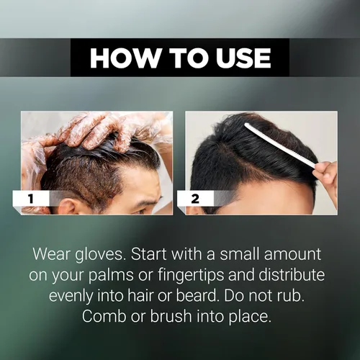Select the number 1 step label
tap(31, 199)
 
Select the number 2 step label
tap(195, 199)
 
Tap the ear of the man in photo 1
tap(68, 207)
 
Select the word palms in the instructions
tap(111, 275)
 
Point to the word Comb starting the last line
tap(104, 316)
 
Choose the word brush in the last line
tap(171, 316)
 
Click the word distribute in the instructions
tap(292, 275)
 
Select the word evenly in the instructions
tap(71, 297)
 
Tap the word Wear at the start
tap(51, 254)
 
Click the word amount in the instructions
tap(292, 254)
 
